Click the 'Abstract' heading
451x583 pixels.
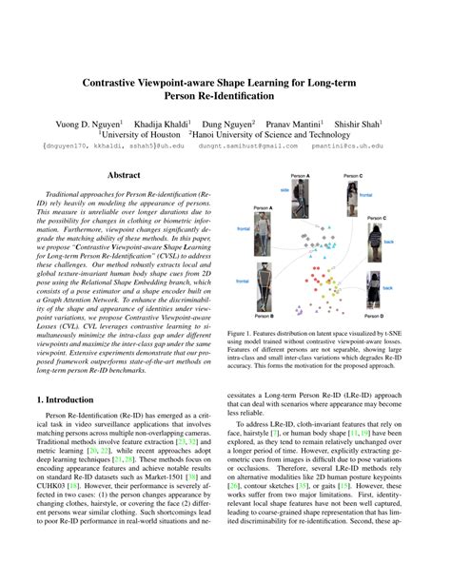coord(124,176)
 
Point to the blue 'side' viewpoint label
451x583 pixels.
coord(284,189)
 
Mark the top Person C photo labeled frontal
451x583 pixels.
coord(353,193)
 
